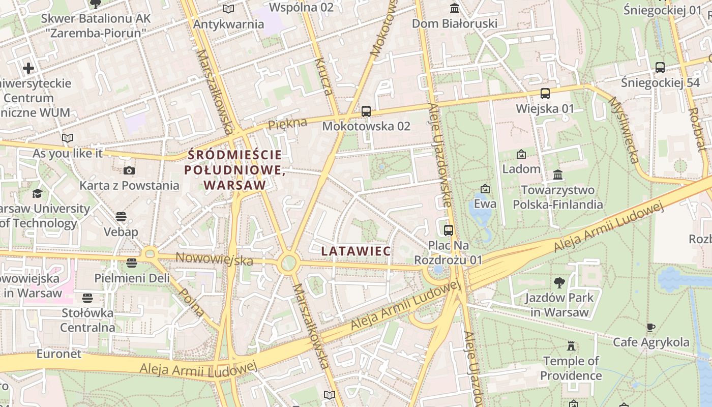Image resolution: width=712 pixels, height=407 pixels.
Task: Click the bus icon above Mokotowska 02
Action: click(x=366, y=111)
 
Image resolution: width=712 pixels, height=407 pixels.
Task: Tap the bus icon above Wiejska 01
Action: click(x=545, y=94)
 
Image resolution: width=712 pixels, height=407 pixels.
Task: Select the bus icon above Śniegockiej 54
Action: click(x=660, y=67)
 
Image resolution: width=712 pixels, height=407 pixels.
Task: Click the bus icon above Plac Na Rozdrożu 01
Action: click(x=448, y=230)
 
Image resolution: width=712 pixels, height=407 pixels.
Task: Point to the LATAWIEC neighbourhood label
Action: click(x=356, y=251)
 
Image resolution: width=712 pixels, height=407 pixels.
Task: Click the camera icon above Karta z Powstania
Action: click(x=129, y=170)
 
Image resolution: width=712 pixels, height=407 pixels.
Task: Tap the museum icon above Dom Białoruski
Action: click(x=454, y=8)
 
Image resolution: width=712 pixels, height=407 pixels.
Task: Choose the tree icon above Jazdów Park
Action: click(x=559, y=283)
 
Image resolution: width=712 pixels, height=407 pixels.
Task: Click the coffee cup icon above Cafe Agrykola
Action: click(x=650, y=327)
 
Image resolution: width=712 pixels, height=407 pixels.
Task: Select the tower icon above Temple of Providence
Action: click(x=571, y=346)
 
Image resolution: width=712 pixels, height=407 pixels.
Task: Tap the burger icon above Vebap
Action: click(x=121, y=217)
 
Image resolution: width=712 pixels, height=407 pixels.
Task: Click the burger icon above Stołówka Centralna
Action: click(x=87, y=298)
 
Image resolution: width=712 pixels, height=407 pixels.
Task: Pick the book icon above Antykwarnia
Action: click(x=228, y=9)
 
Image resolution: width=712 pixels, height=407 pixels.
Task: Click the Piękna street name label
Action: click(x=288, y=124)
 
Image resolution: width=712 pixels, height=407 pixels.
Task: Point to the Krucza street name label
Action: click(x=323, y=77)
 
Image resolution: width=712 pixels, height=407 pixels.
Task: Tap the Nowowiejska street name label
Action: click(x=214, y=259)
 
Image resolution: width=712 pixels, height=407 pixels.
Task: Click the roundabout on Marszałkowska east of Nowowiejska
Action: click(x=288, y=264)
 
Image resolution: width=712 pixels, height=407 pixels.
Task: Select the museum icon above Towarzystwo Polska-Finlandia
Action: click(x=557, y=175)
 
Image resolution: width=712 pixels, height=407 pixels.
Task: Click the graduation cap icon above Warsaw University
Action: click(x=38, y=193)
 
